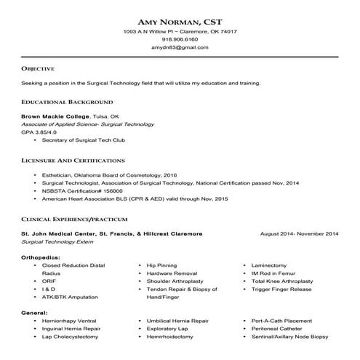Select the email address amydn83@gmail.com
180,47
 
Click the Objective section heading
39,68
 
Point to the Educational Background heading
67,103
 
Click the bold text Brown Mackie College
55,116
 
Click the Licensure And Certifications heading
73,159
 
